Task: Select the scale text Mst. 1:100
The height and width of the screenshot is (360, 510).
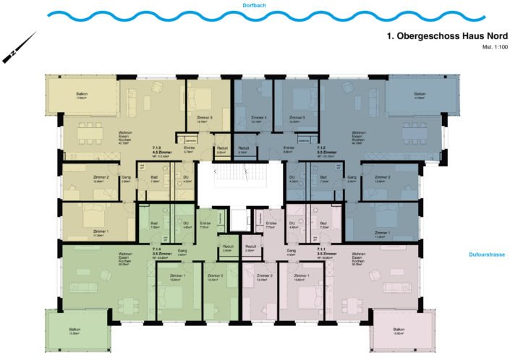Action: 493,47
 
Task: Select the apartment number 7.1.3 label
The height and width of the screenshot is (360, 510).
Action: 156,149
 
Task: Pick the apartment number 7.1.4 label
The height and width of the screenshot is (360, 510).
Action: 156,249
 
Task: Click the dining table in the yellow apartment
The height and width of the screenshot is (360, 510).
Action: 91,132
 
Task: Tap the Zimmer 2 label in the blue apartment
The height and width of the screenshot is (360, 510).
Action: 383,178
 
